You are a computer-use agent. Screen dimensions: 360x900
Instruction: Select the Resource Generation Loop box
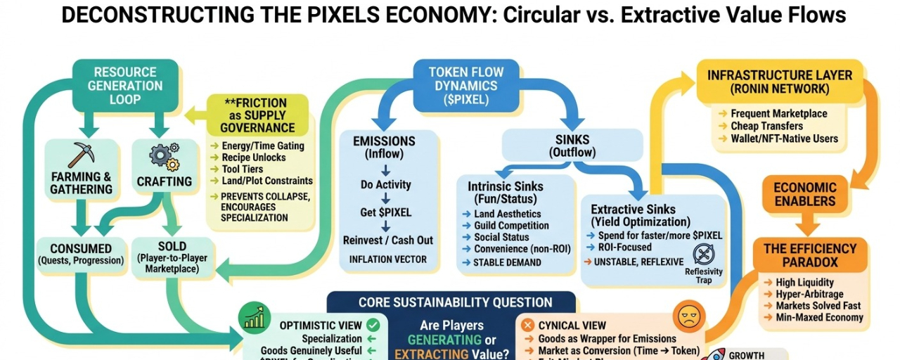(125, 84)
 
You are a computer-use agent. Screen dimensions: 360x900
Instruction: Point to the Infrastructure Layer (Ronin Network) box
(779, 82)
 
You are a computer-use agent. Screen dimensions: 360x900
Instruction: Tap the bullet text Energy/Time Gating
(252, 146)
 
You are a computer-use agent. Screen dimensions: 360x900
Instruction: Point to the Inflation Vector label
(387, 259)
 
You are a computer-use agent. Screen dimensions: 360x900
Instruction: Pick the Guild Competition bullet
(511, 226)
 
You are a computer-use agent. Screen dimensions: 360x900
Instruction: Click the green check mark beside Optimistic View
(373, 325)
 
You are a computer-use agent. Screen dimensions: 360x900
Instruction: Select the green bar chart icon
(254, 319)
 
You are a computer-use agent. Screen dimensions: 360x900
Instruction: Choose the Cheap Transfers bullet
(766, 126)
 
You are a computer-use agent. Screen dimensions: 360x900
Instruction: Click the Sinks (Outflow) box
(572, 146)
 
